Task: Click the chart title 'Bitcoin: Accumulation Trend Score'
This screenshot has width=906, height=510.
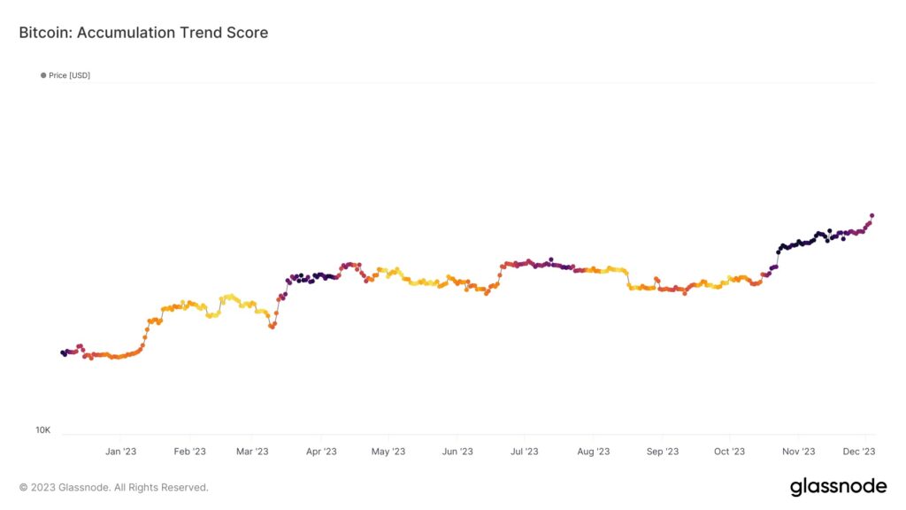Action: [143, 33]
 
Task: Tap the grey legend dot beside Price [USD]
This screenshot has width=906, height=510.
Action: [43, 75]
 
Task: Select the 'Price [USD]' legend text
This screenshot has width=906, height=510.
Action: [69, 75]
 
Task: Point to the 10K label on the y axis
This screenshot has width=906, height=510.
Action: [42, 430]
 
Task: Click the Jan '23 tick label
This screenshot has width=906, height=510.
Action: [120, 452]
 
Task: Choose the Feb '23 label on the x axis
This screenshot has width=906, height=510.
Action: [189, 452]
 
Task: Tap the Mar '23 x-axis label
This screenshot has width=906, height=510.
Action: [252, 452]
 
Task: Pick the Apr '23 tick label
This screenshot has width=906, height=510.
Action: [321, 452]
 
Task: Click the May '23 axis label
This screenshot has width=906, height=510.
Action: [388, 452]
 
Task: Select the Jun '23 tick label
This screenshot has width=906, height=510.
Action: [457, 452]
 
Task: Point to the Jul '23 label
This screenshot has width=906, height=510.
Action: [524, 452]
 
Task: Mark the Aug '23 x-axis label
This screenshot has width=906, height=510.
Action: [594, 452]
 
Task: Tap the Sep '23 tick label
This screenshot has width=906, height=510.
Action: [663, 452]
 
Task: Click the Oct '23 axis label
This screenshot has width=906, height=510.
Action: [729, 452]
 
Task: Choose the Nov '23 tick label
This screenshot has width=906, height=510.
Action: [799, 452]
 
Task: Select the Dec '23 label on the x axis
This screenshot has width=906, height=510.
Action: [859, 452]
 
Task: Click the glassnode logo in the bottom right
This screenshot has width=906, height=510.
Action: [839, 486]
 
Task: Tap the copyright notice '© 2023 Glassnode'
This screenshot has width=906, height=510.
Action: [64, 488]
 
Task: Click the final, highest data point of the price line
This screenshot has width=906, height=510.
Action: [871, 216]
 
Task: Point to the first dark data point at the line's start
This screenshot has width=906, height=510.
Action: [63, 352]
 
